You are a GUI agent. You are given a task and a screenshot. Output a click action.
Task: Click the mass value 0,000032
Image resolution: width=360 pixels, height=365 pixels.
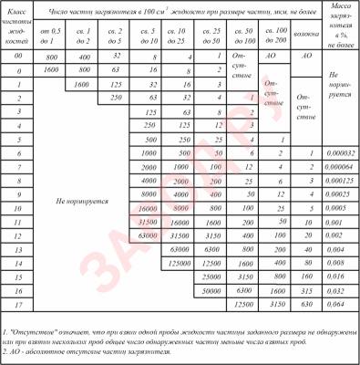click(340, 155)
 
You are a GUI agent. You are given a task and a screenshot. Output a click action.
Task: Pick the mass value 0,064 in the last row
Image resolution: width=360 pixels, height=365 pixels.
click(340, 302)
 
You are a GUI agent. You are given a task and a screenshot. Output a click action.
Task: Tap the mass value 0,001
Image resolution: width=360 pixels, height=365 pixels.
click(340, 221)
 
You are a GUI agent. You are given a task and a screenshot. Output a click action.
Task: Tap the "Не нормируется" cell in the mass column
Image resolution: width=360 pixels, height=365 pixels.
click(340, 81)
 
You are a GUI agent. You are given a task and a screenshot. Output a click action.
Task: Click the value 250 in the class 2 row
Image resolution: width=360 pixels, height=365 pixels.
click(115, 95)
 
